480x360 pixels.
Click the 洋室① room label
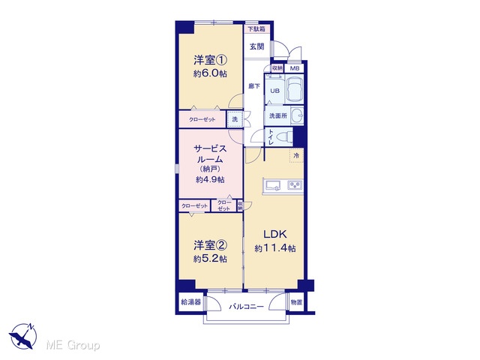coord(210,60)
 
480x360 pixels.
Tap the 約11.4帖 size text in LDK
coord(275,248)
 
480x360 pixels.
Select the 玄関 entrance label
coord(256,46)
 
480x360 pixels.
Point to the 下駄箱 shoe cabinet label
coord(256,29)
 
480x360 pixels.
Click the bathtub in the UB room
coord(295,88)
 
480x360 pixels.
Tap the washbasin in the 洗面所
coord(296,115)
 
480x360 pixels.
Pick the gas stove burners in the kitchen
coord(295,185)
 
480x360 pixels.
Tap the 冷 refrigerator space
coord(296,155)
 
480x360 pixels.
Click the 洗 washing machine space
coord(235,119)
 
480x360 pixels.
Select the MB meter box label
coord(295,68)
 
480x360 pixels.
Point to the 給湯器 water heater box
coord(191,302)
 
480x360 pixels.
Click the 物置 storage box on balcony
coord(296,302)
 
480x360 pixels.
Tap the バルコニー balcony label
coord(247,306)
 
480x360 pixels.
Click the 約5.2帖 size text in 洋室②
coord(210,259)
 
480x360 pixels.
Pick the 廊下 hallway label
coord(254,86)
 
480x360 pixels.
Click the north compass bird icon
coord(23,336)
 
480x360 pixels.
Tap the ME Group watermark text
coord(73,345)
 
